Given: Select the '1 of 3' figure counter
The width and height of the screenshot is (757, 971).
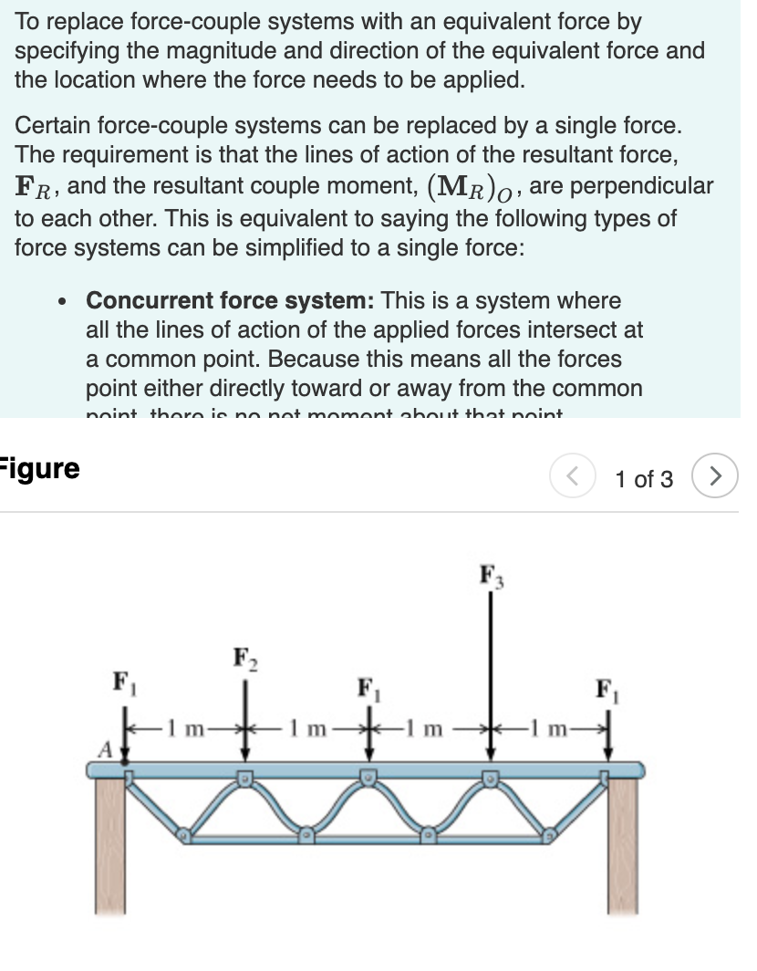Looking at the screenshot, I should pyautogui.click(x=644, y=478).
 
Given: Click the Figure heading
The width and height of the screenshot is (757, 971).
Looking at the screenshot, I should pyautogui.click(x=40, y=469).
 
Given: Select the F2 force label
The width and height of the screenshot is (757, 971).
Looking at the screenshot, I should pyautogui.click(x=244, y=658).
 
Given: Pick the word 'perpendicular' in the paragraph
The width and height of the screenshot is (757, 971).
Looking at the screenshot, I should pyautogui.click(x=652, y=186).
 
